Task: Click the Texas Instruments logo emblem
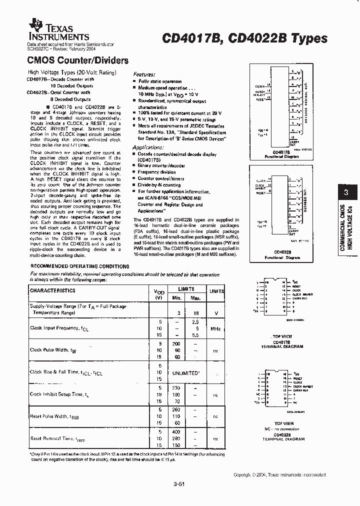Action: pyautogui.click(x=35, y=23)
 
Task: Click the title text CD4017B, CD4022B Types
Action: pyautogui.click(x=244, y=38)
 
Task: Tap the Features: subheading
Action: pyautogui.click(x=144, y=73)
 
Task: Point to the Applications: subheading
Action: pyautogui.click(x=148, y=147)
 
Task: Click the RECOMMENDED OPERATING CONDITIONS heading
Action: pyautogui.click(x=80, y=266)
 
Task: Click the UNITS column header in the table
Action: pyautogui.click(x=216, y=291)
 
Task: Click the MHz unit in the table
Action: pyautogui.click(x=215, y=328)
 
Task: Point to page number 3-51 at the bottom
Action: pyautogui.click(x=180, y=483)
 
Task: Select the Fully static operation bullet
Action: pyautogui.click(x=160, y=81)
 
